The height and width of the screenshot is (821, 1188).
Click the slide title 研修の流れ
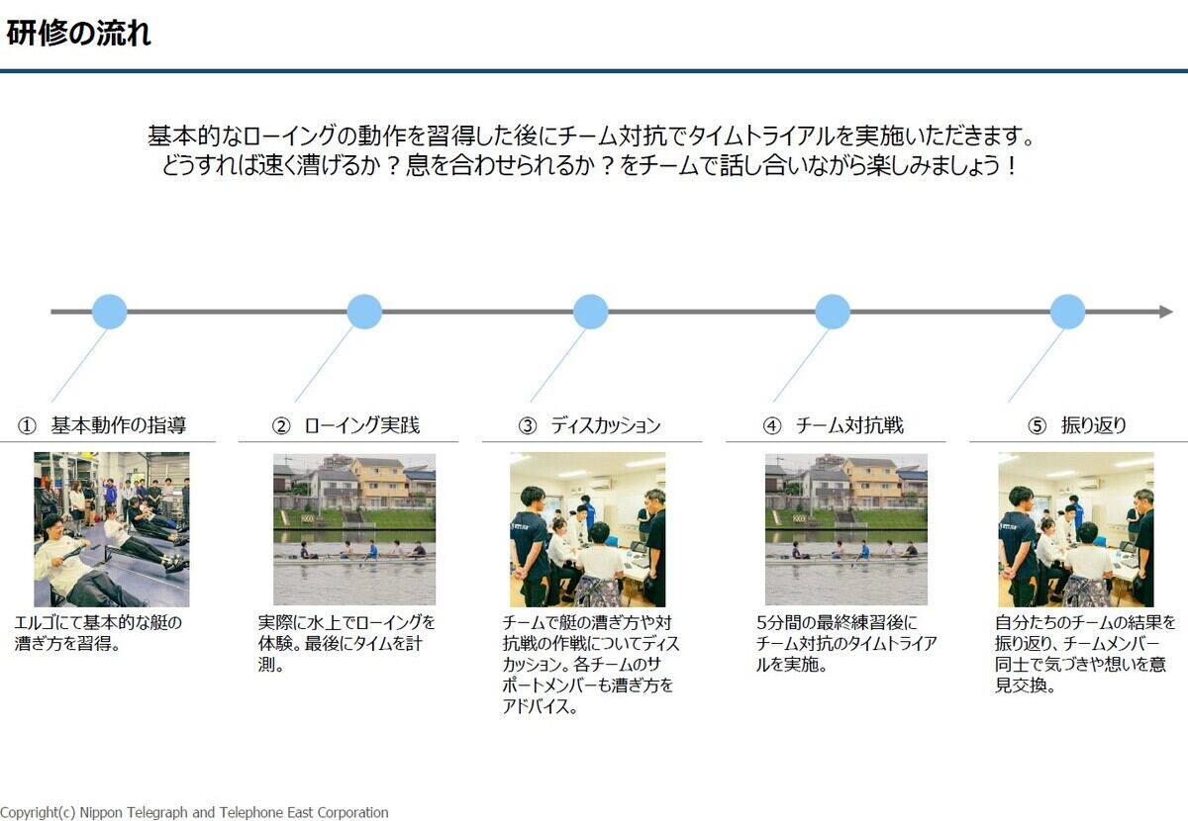point(78,34)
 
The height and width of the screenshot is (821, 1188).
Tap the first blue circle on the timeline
point(110,312)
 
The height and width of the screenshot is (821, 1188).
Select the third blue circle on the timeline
point(591,312)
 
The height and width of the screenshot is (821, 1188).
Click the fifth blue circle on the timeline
point(1067,312)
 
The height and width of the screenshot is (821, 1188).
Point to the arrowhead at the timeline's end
point(1166,312)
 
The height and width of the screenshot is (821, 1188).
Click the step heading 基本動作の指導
point(119,425)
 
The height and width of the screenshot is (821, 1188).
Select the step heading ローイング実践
point(362,425)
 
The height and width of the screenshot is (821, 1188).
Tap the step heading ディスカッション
point(606,425)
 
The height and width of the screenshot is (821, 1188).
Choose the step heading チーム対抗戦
point(849,425)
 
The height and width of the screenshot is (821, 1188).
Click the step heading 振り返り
point(1094,425)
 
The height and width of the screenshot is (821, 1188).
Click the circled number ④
point(772,426)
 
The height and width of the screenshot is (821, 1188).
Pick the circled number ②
point(281,426)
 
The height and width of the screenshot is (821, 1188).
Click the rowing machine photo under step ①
point(111,529)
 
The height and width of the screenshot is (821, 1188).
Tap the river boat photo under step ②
point(354,529)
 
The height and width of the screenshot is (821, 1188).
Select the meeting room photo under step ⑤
point(1075,529)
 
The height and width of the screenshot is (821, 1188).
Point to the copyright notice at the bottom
point(194,812)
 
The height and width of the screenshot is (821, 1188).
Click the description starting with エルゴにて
point(98,633)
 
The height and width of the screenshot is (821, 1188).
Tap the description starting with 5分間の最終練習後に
point(846,643)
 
